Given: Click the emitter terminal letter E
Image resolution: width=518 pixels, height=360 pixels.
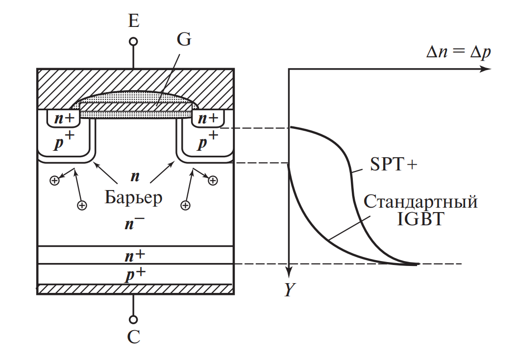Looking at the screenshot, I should pos(133,21).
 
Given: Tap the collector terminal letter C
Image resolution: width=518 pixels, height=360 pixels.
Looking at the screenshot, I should pos(134,337).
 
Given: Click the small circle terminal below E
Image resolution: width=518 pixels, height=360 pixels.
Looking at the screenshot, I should pos(133,42).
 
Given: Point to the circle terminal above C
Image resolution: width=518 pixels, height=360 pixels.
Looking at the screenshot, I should pos(133,319).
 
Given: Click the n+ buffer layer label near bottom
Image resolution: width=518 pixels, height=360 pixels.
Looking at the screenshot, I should pos(133,255).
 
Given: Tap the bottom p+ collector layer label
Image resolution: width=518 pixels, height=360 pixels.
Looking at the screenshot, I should pos(133,275).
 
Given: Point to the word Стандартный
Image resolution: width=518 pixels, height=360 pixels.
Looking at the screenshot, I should pos(420,201).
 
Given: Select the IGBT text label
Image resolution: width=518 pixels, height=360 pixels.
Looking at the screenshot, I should pos(420,218).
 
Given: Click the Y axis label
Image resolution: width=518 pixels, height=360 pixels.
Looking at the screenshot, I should pos(289,291).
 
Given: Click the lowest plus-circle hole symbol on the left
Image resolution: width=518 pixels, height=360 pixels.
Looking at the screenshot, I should pos(82,205).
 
